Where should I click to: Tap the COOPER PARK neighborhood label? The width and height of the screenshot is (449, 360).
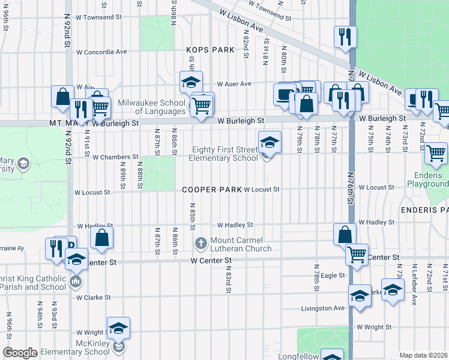point(212,190)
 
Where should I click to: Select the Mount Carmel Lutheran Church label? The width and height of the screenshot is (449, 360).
point(241,244)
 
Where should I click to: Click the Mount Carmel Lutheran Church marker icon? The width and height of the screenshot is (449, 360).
point(201,244)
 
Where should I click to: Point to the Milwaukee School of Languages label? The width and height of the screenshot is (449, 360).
point(151,107)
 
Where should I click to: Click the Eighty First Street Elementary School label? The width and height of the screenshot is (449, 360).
point(224,154)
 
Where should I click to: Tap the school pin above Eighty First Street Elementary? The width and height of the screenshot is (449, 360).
point(270,143)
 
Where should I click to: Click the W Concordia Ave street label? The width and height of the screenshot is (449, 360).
point(101,52)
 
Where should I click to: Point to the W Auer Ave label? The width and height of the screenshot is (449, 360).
point(234,84)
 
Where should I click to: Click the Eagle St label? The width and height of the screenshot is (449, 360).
point(333,275)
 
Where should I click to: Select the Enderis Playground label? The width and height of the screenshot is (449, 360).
point(427,179)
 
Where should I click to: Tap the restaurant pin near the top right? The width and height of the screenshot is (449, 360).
point(345,37)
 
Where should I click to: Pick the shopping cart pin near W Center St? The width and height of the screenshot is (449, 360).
point(357,254)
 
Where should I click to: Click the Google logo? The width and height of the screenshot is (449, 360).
point(20,353)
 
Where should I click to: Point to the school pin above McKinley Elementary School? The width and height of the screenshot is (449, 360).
point(119,328)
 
